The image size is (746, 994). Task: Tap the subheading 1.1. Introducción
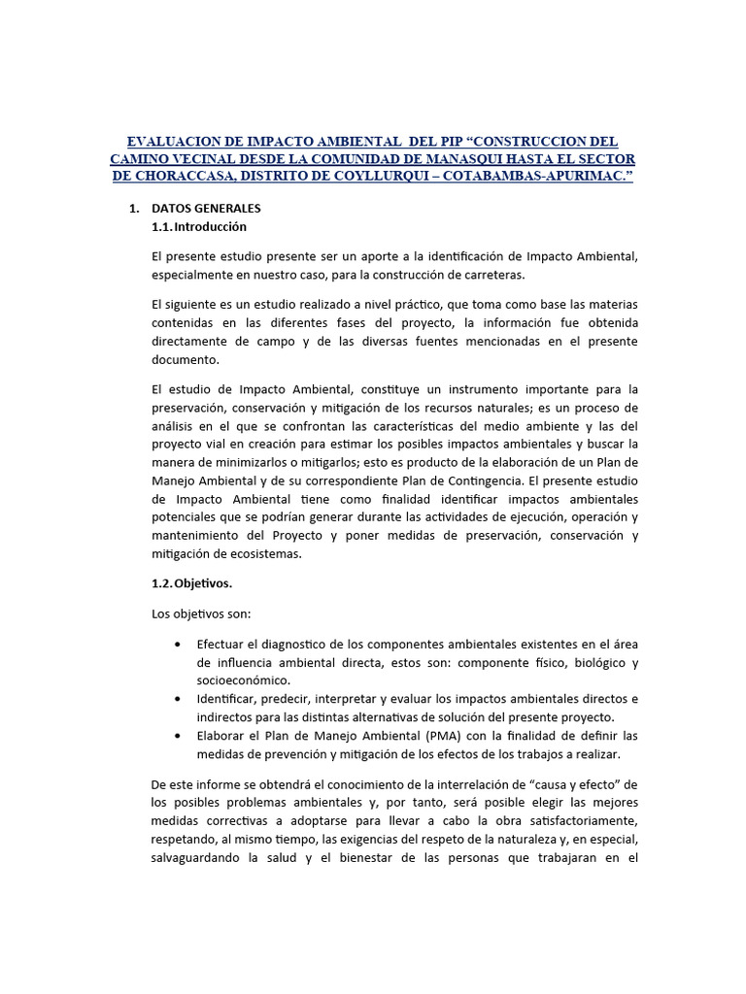[199, 227]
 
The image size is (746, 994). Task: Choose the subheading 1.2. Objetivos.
[191, 583]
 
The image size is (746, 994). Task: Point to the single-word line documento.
[184, 358]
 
